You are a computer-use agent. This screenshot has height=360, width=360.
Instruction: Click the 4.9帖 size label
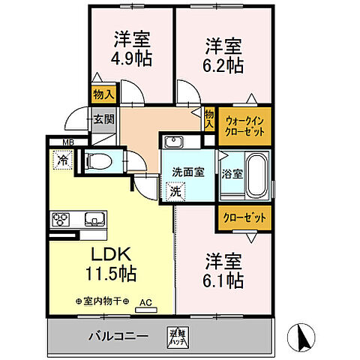pyautogui.click(x=131, y=58)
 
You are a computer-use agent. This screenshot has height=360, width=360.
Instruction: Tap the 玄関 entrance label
pyautogui.click(x=103, y=118)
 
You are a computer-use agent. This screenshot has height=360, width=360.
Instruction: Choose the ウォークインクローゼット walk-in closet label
pyautogui.click(x=244, y=125)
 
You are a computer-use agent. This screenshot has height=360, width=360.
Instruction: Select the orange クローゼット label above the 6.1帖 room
pyautogui.click(x=244, y=218)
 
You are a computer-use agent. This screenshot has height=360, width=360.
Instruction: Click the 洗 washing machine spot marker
pyautogui.click(x=174, y=191)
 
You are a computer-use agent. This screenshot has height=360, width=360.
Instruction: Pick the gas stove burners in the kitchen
pyautogui.click(x=61, y=220)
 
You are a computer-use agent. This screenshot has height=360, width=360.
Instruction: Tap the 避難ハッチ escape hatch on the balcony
pyautogui.click(x=176, y=337)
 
